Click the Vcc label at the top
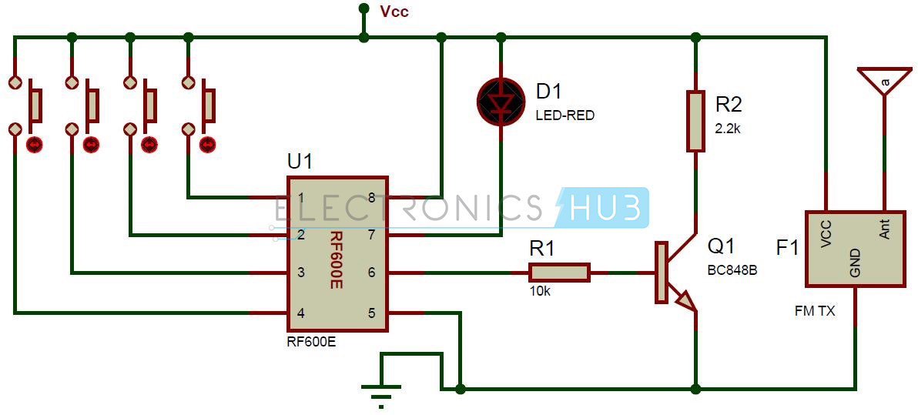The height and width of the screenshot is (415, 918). (394, 11)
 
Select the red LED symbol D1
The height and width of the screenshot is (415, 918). (501, 102)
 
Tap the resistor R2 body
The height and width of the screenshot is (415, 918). (695, 121)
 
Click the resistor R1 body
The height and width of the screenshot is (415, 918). (558, 273)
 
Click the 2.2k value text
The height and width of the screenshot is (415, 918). (727, 129)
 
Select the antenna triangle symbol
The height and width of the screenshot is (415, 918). (884, 79)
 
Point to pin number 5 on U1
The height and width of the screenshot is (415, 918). (371, 313)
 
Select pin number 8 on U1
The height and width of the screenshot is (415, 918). (371, 198)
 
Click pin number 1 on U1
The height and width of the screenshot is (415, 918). (302, 198)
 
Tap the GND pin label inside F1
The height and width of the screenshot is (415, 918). (854, 263)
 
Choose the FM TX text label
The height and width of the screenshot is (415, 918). (814, 312)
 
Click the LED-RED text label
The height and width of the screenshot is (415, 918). (565, 116)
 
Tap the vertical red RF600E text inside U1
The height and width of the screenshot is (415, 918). (336, 262)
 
